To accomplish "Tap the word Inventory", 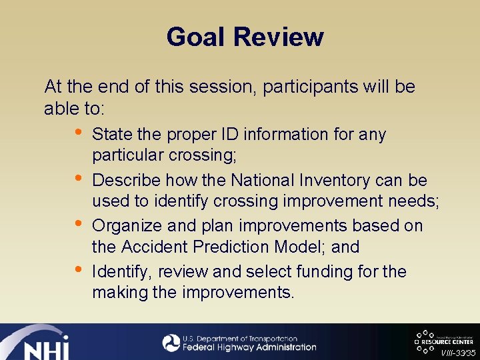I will click(334, 181).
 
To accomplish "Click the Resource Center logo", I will click(443, 339).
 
